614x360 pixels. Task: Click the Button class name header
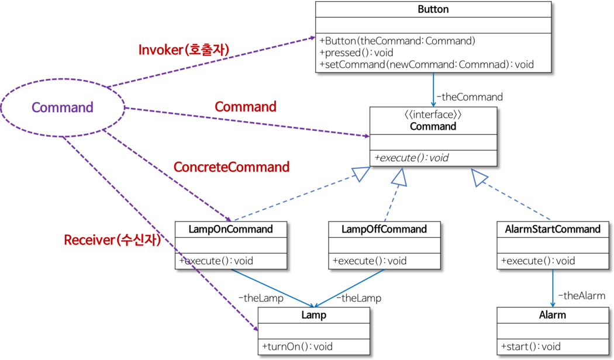pos(433,9)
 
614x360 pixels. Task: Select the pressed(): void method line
pos(356,53)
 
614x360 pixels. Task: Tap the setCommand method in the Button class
pos(426,64)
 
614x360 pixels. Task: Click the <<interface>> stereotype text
pos(433,115)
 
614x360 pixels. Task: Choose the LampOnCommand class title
pos(231,229)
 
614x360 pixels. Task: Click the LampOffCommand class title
pos(384,229)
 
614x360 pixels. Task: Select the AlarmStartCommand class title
pos(553,229)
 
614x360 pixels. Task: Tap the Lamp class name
pos(314,315)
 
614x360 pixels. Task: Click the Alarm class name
pos(553,315)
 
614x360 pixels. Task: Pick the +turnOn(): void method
pos(297,346)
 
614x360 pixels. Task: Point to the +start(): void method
pos(530,346)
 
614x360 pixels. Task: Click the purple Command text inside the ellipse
pos(63,108)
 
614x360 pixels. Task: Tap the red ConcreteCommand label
pos(232,167)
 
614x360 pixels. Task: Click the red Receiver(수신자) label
pos(112,240)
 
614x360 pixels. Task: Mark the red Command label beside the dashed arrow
pos(246,107)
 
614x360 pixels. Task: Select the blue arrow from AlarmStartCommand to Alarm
pos(553,286)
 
